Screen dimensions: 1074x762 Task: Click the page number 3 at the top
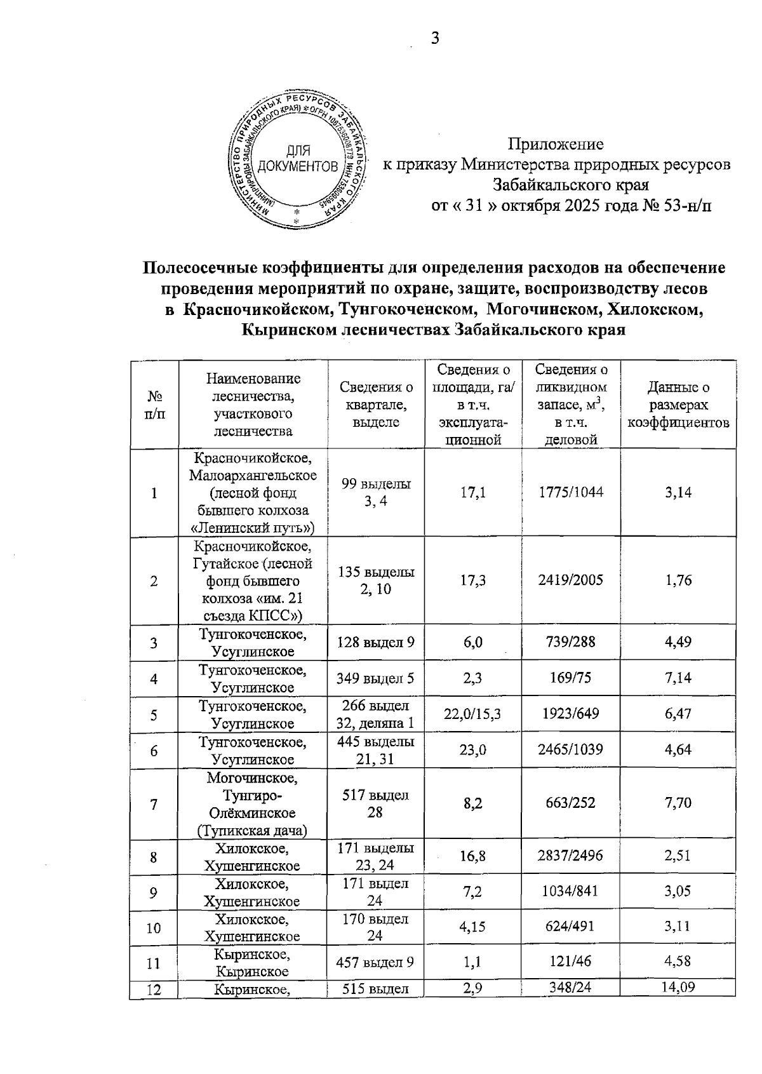(x=435, y=39)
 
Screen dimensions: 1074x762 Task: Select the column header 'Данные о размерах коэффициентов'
(x=678, y=405)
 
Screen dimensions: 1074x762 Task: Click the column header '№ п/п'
(x=154, y=405)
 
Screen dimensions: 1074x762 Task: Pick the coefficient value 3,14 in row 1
(x=678, y=493)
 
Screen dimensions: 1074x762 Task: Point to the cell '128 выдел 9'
(x=376, y=643)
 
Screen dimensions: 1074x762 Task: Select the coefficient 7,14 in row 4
(x=678, y=678)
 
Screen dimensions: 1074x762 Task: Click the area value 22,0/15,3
(x=472, y=715)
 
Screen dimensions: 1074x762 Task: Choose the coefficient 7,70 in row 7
(x=678, y=803)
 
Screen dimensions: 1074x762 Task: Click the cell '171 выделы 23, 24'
(x=376, y=857)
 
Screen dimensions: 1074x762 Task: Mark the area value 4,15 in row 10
(x=472, y=927)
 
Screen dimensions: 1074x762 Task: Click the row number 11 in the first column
(x=154, y=963)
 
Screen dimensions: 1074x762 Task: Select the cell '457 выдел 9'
(x=376, y=963)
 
